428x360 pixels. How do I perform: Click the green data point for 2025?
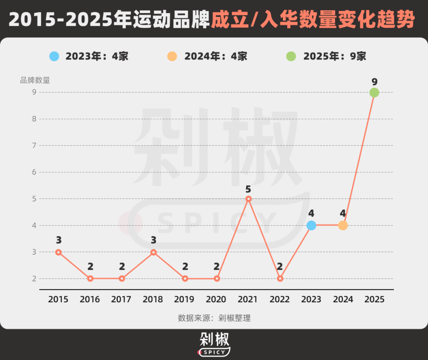point(374,92)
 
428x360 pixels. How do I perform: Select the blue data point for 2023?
point(311,225)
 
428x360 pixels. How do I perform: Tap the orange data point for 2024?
point(343,225)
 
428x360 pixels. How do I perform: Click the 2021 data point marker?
point(248,199)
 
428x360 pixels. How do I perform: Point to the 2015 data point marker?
point(58,252)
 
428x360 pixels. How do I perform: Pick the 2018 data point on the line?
point(153,252)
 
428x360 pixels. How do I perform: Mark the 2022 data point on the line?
point(280,279)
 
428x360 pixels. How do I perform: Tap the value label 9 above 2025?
point(374,82)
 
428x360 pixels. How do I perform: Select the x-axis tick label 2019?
point(185,299)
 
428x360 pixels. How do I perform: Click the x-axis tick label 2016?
point(90,299)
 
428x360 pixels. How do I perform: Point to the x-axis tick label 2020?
point(216,299)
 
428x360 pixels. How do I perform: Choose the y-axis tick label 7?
point(34,146)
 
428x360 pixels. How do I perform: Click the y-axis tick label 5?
point(34,199)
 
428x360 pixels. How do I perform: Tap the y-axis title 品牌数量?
point(35,80)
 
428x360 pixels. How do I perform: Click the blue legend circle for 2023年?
point(54,56)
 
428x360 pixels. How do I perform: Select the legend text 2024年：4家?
point(216,56)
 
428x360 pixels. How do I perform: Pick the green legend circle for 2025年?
point(291,56)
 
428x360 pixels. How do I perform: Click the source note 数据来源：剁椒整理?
point(214,318)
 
